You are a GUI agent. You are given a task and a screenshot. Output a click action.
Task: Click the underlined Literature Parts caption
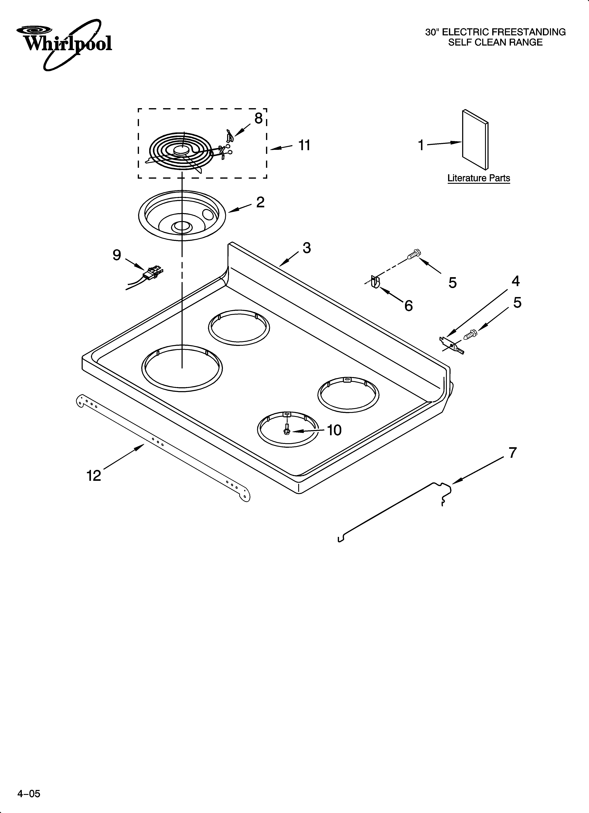coord(479,178)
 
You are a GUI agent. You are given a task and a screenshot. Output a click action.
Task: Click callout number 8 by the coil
coord(258,118)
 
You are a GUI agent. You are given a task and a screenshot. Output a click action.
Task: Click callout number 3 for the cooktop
coord(306,248)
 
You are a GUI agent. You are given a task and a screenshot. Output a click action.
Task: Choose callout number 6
coord(408,306)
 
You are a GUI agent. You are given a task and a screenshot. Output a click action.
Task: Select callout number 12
coord(94,476)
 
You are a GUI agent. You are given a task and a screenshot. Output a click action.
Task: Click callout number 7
coord(513,453)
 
